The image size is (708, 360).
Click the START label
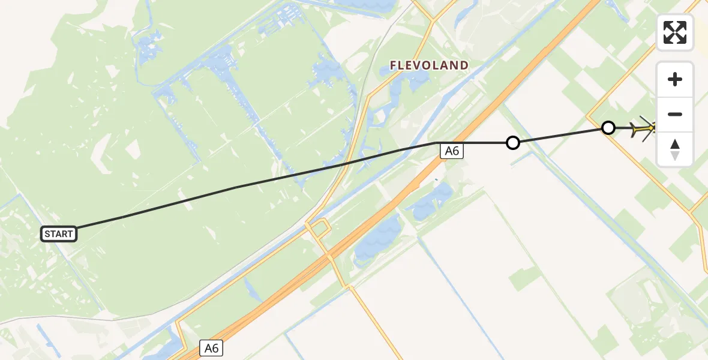coord(59,234)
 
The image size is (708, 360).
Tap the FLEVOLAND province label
coord(429,65)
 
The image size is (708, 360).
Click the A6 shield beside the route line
coord(452,151)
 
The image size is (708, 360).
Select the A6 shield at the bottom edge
coord(211,347)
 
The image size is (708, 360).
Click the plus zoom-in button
coord(675,79)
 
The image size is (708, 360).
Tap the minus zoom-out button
coord(675,114)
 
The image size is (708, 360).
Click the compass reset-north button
coord(675,149)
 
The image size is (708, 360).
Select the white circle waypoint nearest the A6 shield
coord(512,143)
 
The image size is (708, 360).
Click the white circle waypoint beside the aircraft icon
coord(608,128)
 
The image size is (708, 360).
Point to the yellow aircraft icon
coord(643,128)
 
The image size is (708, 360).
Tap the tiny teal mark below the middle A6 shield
coord(436,179)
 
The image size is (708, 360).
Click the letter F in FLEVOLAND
coord(394,65)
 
